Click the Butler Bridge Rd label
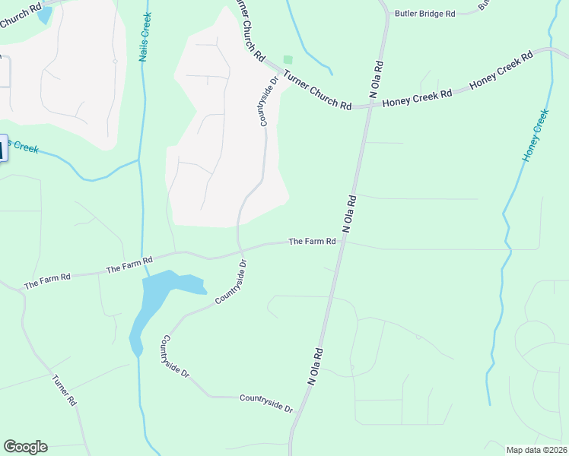coord(424,14)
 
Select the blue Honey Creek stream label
coord(536,135)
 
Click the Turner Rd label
coord(65,389)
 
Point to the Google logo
coord(25,447)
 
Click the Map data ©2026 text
coord(536,450)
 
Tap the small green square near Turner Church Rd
coord(287,59)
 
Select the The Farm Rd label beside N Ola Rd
coord(312,242)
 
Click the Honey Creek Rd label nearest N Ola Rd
coord(417,97)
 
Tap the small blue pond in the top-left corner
coord(44,14)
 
